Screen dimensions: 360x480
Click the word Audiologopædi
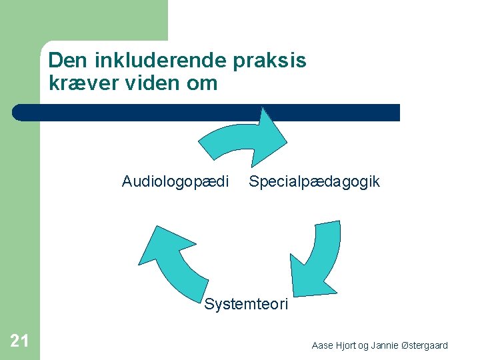(x=175, y=181)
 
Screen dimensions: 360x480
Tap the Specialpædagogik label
(x=314, y=181)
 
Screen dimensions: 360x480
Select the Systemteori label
(x=246, y=305)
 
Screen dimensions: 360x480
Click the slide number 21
(x=19, y=341)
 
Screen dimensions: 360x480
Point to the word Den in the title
(x=63, y=61)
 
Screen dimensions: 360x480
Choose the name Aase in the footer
(x=322, y=345)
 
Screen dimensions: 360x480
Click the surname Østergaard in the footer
(x=423, y=345)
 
